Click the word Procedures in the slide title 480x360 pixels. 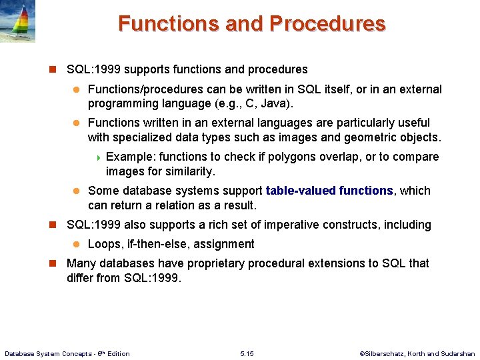pyautogui.click(x=327, y=23)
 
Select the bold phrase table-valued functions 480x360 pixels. pyautogui.click(x=329, y=191)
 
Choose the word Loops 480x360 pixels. pyautogui.click(x=105, y=244)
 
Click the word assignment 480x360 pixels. pyautogui.click(x=225, y=244)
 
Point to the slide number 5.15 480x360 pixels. pyautogui.click(x=247, y=353)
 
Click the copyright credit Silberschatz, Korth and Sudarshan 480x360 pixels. pyautogui.click(x=417, y=353)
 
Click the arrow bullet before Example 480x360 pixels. pyautogui.click(x=99, y=157)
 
